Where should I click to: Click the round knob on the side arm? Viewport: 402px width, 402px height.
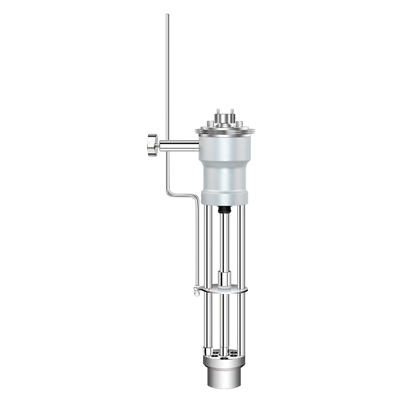point(152,146)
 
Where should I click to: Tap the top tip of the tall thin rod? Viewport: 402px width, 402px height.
point(167,16)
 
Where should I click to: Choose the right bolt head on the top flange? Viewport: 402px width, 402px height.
point(240,124)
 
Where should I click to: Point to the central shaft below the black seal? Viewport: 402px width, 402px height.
point(224,236)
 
